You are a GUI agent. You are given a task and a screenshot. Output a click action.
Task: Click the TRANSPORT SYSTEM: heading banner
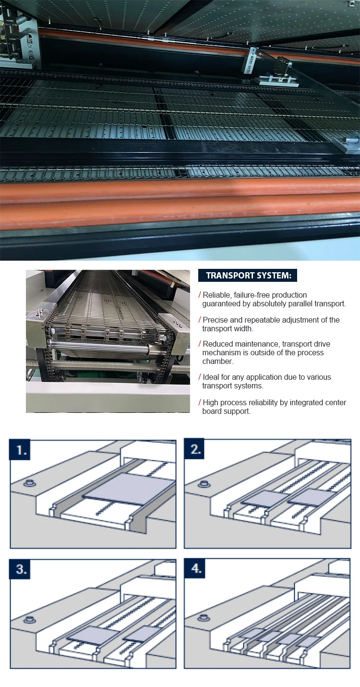pos(248,276)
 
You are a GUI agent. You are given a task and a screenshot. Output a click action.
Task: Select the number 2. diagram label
pos(196,450)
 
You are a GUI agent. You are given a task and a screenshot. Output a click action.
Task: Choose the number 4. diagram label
pos(196,569)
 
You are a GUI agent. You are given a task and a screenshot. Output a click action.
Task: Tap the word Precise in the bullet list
pos(216,320)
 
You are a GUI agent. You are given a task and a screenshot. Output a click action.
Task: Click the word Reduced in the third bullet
pos(218,344)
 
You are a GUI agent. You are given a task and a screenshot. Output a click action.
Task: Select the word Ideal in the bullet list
pos(211,377)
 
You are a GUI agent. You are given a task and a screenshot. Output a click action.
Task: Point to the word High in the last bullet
pos(211,403)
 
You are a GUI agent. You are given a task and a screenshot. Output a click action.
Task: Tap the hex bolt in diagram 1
pos(28,482)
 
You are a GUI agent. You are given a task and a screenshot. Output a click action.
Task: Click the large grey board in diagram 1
pos(130,489)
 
